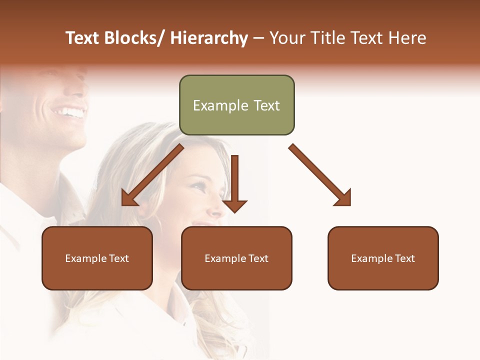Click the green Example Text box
pyautogui.click(x=236, y=105)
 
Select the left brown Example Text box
pyautogui.click(x=97, y=258)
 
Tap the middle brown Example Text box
pyautogui.click(x=236, y=258)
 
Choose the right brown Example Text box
pyautogui.click(x=383, y=258)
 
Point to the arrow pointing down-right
pyautogui.click(x=320, y=175)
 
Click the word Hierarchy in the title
pyautogui.click(x=209, y=38)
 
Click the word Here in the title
pyautogui.click(x=407, y=38)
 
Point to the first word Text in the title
pyautogui.click(x=83, y=38)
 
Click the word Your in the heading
pyautogui.click(x=287, y=38)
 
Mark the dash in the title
pyautogui.click(x=258, y=38)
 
